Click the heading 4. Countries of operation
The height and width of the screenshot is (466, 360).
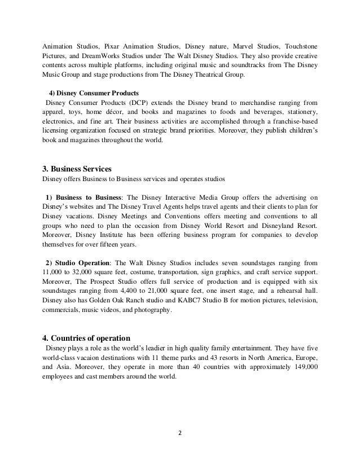[x=87, y=338]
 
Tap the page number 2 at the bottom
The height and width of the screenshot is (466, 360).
[x=180, y=434]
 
